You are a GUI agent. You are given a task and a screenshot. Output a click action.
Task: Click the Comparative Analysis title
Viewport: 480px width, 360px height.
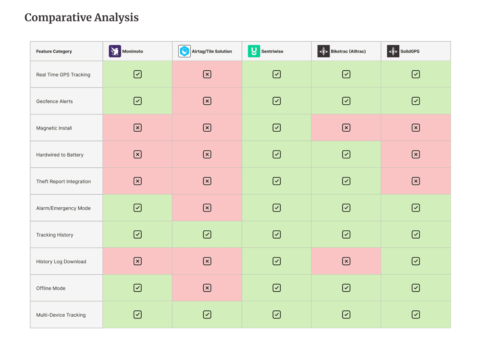click(82, 18)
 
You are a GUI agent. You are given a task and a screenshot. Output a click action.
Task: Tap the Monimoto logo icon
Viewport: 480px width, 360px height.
click(115, 51)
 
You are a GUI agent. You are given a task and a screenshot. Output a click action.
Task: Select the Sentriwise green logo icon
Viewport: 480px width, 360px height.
click(254, 51)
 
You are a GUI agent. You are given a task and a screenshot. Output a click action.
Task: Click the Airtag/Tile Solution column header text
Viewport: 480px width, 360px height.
click(212, 51)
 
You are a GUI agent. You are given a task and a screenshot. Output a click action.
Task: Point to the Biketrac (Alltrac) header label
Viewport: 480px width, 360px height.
click(348, 51)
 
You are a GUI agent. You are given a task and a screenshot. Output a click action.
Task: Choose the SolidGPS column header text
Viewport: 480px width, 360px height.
click(410, 51)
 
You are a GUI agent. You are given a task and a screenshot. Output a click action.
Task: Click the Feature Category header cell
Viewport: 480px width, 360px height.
click(66, 51)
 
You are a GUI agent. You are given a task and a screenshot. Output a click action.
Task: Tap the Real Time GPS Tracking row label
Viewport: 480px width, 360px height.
click(63, 75)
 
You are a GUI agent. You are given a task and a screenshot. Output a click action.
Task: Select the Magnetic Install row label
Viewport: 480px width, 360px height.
click(54, 128)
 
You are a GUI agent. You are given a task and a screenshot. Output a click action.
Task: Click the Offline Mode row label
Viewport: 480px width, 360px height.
click(51, 289)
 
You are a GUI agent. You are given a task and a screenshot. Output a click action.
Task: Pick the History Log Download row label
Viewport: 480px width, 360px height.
click(61, 262)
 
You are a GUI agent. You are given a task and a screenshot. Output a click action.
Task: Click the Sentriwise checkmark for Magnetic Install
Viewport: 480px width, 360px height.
click(277, 128)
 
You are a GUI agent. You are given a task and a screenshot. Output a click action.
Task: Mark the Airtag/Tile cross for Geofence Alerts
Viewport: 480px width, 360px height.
click(207, 101)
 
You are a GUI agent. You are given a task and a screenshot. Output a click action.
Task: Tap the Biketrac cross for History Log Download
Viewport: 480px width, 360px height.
click(346, 261)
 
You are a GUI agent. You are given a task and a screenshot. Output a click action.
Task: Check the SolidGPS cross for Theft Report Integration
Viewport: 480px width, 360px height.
click(416, 181)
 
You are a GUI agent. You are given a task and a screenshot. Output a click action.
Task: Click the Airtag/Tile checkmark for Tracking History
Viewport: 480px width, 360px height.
click(207, 235)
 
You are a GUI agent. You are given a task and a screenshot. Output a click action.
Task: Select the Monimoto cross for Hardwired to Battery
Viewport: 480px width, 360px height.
click(138, 154)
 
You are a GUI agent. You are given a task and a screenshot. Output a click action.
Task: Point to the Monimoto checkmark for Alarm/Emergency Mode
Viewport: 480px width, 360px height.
click(138, 208)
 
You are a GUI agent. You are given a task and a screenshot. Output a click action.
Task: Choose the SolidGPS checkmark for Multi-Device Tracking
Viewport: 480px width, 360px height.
click(416, 315)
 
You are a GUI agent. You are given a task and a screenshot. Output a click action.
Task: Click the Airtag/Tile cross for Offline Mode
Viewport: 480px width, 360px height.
click(207, 288)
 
